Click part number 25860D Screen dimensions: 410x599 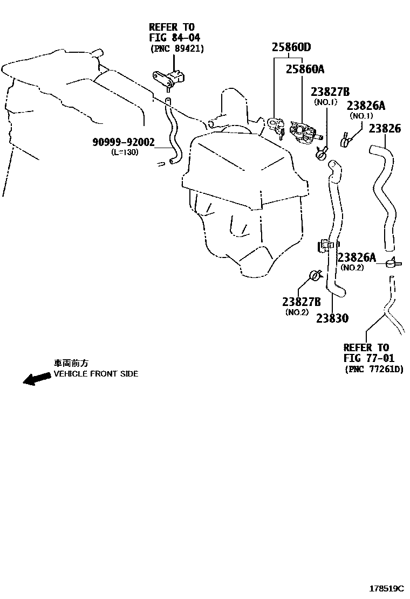coord(291,47)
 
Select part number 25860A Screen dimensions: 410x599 coord(305,69)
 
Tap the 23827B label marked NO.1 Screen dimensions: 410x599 coord(330,92)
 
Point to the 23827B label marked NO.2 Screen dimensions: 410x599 coord(302,302)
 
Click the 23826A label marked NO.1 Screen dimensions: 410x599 coord(366,106)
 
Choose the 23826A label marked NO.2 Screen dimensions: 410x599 coord(357,257)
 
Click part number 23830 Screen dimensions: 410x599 coord(332,318)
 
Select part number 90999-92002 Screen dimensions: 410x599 coord(124,142)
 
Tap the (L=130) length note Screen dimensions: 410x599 coord(125,152)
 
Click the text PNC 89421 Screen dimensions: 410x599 coord(177,49)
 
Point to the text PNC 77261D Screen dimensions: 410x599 coord(374,370)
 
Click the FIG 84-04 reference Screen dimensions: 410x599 coord(174,38)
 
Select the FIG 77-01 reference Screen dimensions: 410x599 coord(368,358)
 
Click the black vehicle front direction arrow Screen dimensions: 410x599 coord(37,379)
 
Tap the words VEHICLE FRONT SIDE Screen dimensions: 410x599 coord(96,374)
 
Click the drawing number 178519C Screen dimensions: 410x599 coord(387,587)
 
